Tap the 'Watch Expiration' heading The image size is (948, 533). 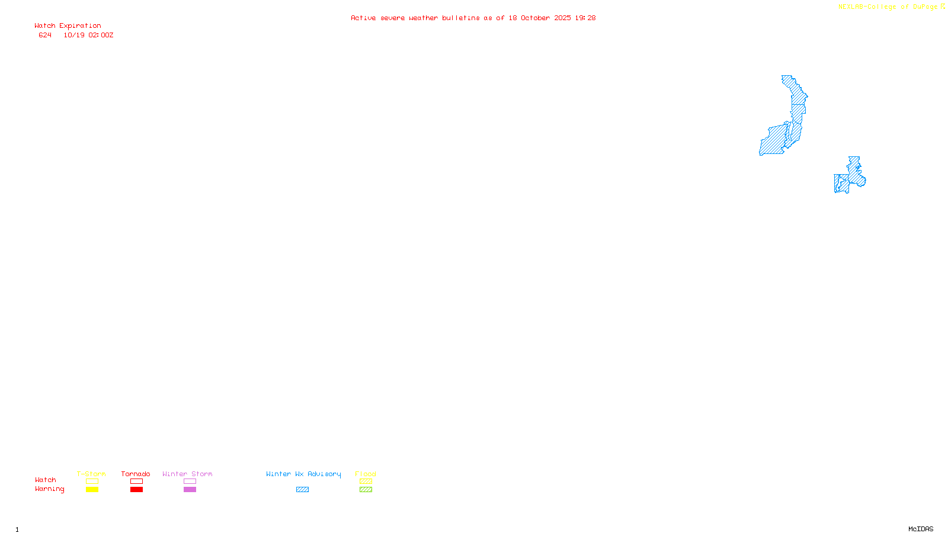point(68,26)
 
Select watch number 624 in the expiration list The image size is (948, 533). point(45,36)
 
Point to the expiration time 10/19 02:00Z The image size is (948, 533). point(88,36)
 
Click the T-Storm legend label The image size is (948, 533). point(91,474)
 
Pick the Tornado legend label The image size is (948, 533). point(136,474)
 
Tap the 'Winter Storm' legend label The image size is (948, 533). point(187,474)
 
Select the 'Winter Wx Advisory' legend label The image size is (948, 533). point(303,474)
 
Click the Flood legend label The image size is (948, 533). point(366,474)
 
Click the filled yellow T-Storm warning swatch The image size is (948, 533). point(92,490)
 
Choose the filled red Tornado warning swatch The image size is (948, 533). point(136,490)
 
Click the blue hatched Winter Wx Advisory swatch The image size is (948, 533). point(302,490)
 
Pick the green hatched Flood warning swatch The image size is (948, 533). point(366,490)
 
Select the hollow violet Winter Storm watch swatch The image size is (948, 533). point(190,481)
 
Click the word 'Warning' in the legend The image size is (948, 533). point(49,489)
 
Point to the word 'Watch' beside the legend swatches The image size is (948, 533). point(45,480)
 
